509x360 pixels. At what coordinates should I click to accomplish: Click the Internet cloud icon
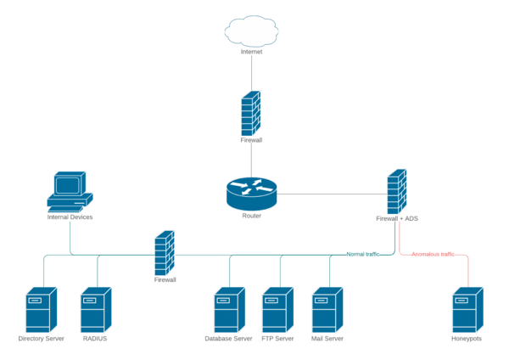tap(251, 31)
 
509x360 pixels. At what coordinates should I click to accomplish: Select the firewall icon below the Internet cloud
tap(251, 113)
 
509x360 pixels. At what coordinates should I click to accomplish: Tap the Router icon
tap(251, 193)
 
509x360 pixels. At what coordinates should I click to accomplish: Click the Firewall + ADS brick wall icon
tap(396, 191)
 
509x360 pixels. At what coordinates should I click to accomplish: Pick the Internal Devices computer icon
tap(69, 191)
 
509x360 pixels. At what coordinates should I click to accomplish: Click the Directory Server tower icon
tap(41, 309)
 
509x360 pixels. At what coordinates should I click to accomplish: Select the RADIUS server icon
tap(95, 309)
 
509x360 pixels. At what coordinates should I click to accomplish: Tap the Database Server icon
tap(228, 309)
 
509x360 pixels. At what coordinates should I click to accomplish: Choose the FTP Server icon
tap(277, 309)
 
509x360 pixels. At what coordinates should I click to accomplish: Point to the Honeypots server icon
tap(467, 309)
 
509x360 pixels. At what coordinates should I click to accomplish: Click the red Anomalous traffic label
tap(433, 254)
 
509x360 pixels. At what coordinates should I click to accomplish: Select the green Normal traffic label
tap(362, 254)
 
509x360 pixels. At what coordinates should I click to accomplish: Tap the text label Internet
tap(251, 52)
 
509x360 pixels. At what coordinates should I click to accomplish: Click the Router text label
tap(251, 216)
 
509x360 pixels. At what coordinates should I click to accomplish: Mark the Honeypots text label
tap(467, 339)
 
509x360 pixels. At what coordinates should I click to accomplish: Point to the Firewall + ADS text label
tap(396, 218)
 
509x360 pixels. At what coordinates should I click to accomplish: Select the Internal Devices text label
tap(70, 217)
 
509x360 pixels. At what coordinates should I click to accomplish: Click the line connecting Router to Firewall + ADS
tap(331, 194)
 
